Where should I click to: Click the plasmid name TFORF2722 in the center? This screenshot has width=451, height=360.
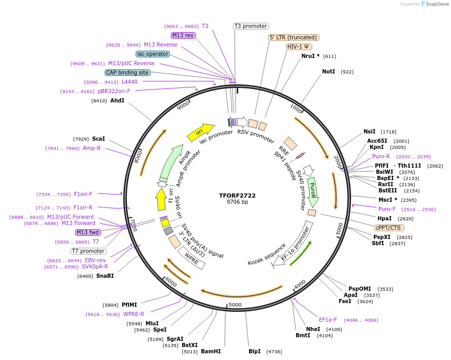[x=237, y=196]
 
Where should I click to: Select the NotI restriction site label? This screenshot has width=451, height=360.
[x=328, y=72]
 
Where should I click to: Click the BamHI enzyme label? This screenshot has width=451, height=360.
[x=211, y=351]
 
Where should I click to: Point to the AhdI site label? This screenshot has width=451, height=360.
[x=117, y=100]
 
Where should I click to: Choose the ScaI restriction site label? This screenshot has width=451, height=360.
[x=98, y=139]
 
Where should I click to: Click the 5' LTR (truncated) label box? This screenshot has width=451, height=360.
[x=294, y=37]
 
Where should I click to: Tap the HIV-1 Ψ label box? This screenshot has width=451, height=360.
[x=299, y=47]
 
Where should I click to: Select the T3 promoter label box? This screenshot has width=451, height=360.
[x=251, y=26]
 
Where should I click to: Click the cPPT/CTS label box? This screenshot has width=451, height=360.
[x=389, y=228]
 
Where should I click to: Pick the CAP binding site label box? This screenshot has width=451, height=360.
[x=127, y=72]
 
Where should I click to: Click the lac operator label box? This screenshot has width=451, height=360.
[x=153, y=54]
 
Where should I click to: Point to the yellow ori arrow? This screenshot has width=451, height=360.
[x=200, y=132]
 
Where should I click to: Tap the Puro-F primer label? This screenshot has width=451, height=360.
[x=387, y=209]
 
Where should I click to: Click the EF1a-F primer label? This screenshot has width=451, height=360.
[x=328, y=320]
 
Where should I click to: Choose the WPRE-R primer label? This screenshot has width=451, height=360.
[x=134, y=314]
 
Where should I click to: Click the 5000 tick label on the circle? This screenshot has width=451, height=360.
[x=235, y=305]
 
